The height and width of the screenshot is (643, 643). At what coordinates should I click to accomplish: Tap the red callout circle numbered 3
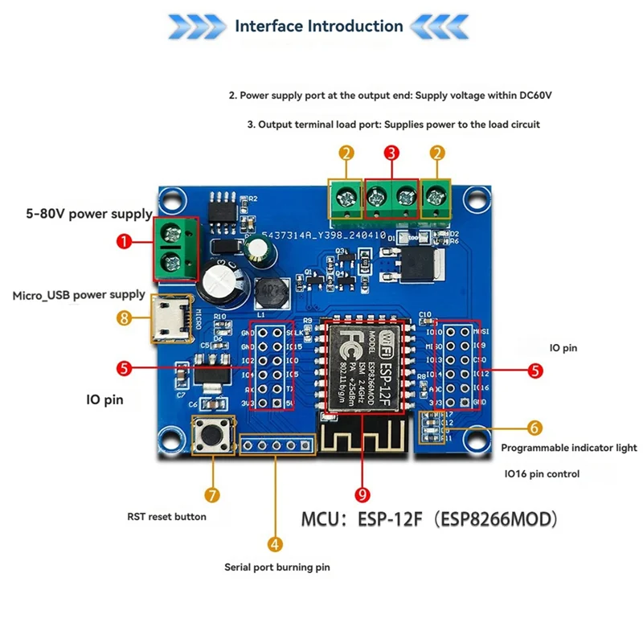(391, 152)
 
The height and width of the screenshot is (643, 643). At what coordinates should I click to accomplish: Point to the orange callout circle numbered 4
(275, 544)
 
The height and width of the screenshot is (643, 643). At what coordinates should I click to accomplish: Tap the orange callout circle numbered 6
(535, 428)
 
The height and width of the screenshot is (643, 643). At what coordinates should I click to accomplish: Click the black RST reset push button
(213, 436)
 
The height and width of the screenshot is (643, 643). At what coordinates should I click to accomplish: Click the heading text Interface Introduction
(318, 26)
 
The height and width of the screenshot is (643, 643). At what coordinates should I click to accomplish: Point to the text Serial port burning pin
(277, 567)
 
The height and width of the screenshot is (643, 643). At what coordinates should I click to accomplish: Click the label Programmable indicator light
(569, 448)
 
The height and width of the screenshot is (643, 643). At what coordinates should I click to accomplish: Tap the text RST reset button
(167, 517)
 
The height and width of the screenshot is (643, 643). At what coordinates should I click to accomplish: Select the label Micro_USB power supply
(79, 295)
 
